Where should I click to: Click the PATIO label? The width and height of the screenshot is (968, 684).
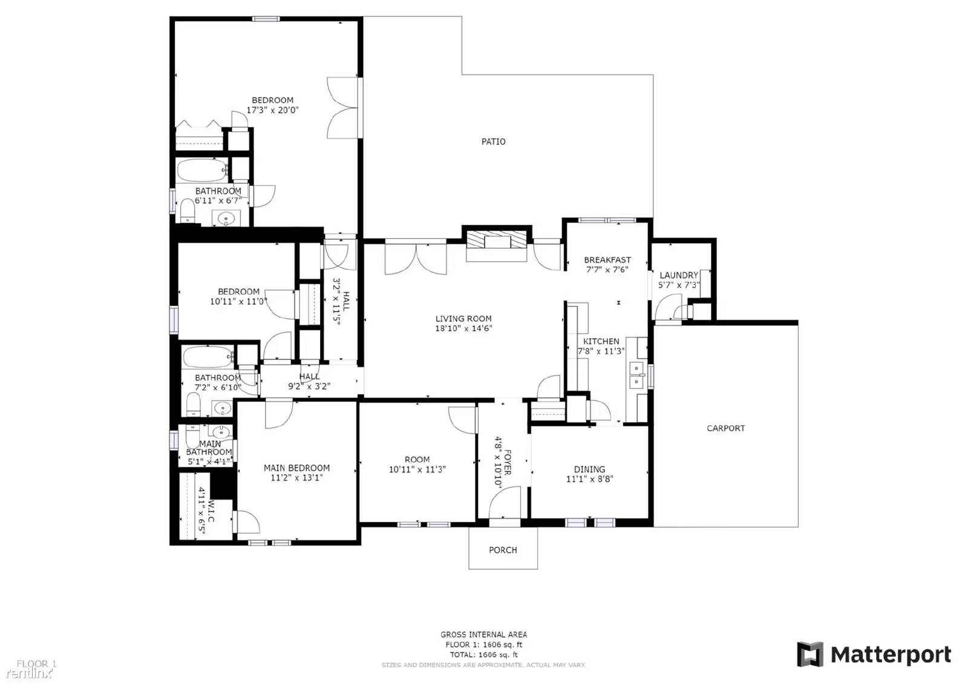click(493, 142)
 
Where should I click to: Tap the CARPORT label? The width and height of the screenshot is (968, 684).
click(725, 428)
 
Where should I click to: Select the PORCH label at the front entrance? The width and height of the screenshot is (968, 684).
click(503, 550)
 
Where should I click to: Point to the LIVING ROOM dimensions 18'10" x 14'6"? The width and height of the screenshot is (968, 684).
click(463, 328)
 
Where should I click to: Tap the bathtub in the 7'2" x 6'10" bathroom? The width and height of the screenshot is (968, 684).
click(208, 357)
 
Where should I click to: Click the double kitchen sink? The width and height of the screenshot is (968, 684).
click(636, 375)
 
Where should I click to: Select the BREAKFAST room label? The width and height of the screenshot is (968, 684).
click(607, 260)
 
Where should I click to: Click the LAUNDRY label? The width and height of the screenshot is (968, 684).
click(678, 275)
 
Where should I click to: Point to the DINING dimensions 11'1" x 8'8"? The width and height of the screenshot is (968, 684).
click(589, 479)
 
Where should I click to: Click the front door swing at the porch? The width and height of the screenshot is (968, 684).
click(504, 504)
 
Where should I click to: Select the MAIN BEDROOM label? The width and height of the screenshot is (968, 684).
click(296, 467)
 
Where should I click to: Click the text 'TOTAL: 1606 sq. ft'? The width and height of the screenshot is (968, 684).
click(483, 654)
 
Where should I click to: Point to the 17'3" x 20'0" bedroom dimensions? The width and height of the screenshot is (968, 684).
click(272, 110)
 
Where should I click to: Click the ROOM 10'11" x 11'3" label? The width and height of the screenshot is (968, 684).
click(417, 460)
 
